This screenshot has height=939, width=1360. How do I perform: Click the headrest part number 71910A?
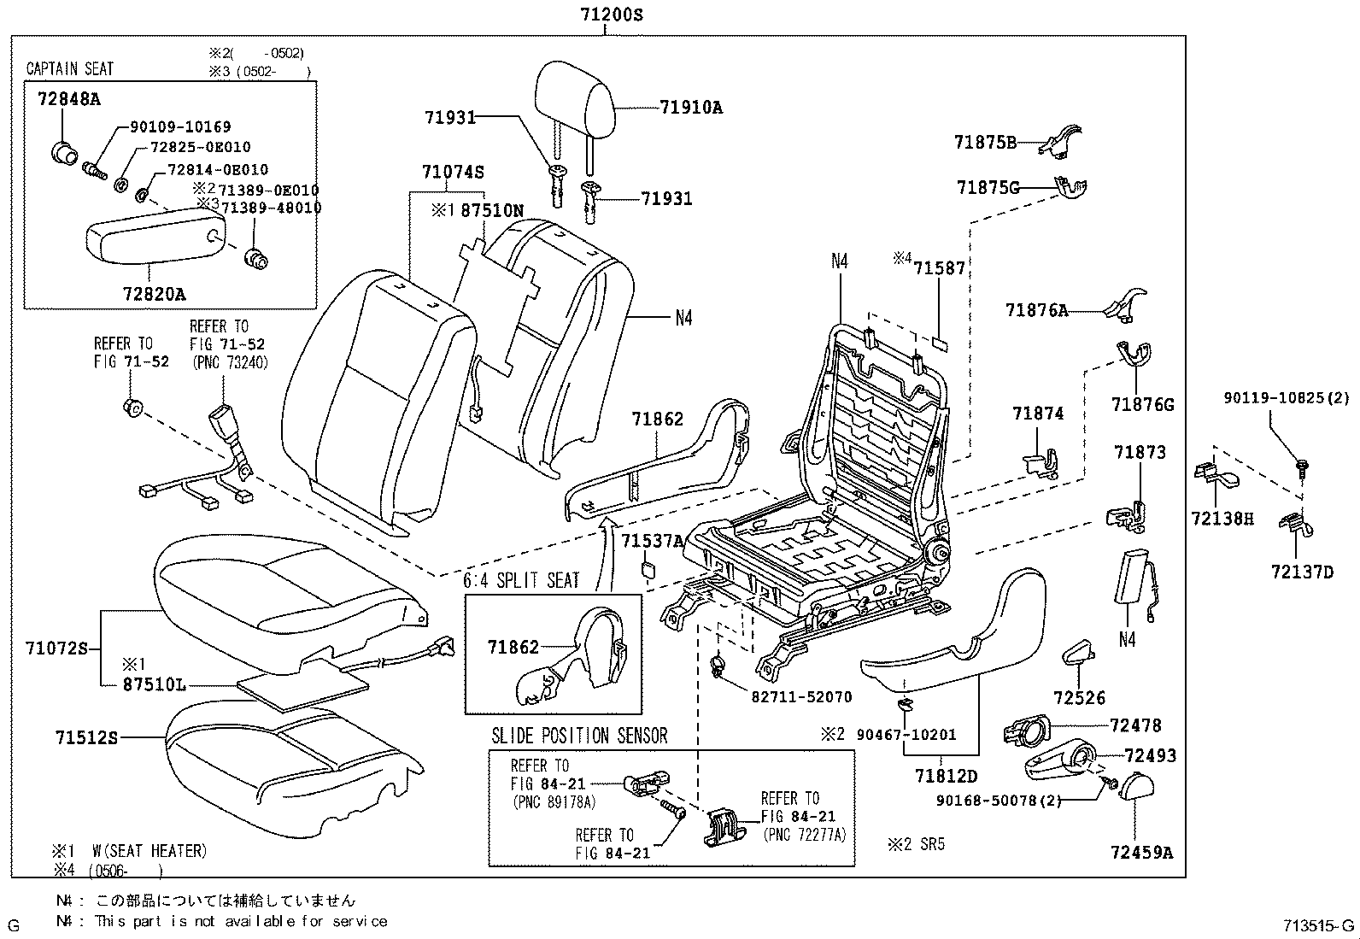point(691,108)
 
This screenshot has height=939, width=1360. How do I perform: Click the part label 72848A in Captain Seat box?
point(68,99)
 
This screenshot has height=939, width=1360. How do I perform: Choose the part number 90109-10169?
point(180,126)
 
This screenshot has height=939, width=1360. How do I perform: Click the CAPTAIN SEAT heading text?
point(70,68)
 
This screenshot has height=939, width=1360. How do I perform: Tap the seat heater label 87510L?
point(155,684)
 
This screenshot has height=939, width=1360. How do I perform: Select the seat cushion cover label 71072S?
point(57,648)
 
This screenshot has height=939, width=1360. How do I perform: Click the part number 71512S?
point(86,737)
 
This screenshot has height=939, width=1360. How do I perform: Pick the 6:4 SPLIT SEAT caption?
point(521,580)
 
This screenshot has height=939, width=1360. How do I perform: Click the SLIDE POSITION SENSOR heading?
point(579,736)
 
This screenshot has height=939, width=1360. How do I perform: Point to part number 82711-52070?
point(801,696)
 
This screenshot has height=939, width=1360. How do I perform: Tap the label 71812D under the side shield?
point(946,776)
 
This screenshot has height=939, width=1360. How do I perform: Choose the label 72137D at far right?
point(1302,572)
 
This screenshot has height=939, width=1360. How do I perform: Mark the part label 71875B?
point(985,143)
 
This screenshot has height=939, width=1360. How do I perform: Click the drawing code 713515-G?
point(1317,924)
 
